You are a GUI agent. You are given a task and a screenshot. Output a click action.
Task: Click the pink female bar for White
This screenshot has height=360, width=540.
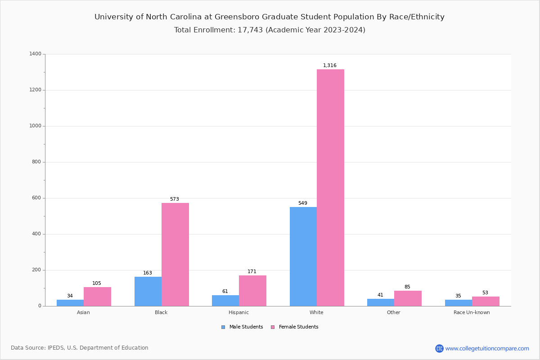coord(330,188)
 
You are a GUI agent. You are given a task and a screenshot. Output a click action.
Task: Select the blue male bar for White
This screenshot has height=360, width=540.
coord(303,256)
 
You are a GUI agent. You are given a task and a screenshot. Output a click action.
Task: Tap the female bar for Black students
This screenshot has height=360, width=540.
coord(175,254)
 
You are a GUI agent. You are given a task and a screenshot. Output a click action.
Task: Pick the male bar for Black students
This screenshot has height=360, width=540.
coord(148,291)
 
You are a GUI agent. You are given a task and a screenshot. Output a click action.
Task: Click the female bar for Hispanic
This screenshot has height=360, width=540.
coord(252,291)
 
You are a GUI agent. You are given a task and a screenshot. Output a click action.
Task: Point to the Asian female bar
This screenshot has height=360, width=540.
coord(97,297)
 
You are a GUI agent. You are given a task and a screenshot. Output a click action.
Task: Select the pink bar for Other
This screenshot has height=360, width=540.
coord(408,298)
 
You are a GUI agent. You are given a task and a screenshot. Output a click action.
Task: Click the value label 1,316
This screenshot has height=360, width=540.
coord(329,66)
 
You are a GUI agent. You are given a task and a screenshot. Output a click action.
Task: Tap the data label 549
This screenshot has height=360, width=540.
coord(302,203)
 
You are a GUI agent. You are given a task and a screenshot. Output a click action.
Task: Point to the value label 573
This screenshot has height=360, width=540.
coord(174,199)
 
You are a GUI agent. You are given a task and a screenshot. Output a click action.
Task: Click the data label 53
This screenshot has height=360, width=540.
coord(485,293)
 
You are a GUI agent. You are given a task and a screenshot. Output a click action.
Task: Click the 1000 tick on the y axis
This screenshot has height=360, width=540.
coord(36,126)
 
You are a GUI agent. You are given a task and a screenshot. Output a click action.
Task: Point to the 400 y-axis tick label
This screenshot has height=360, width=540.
coord(36,234)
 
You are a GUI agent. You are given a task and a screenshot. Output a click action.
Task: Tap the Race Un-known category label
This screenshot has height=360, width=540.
coord(472,312)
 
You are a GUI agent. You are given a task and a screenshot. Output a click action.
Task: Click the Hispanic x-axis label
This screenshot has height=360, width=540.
coord(238,312)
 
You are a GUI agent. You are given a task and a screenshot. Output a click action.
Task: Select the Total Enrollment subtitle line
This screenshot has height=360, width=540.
coord(270,30)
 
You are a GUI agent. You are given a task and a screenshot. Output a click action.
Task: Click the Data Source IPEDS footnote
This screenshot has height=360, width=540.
coord(80,348)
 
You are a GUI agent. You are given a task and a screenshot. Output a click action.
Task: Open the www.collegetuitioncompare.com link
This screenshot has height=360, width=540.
coord(487,348)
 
